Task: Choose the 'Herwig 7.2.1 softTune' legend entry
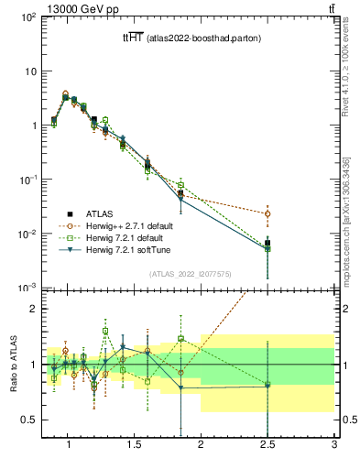136,251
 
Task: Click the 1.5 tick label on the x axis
135,446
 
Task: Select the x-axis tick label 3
334,446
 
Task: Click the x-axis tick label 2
202,446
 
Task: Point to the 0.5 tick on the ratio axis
29,420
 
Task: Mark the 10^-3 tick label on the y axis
27,288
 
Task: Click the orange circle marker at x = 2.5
267,213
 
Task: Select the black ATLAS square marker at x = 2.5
267,244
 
